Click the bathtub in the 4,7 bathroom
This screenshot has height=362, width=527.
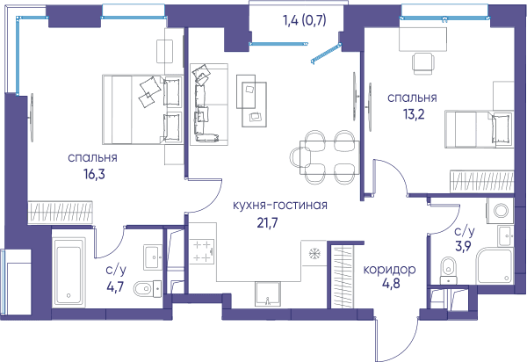click(x=69, y=271)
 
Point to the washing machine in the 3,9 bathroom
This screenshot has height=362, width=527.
click(x=500, y=211)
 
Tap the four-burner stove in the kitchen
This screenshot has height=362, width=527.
click(x=202, y=251)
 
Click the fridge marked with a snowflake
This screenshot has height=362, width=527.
click(x=314, y=253)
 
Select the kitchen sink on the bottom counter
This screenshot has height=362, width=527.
click(x=268, y=294)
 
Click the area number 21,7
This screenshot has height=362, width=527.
click(x=268, y=222)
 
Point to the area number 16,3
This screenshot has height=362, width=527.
click(x=95, y=174)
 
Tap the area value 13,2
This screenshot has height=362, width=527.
click(x=414, y=114)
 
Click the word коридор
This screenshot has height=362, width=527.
click(x=389, y=270)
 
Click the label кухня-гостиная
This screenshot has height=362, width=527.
click(x=280, y=205)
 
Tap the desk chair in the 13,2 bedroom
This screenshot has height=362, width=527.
click(x=423, y=63)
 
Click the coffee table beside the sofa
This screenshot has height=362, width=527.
click(x=251, y=100)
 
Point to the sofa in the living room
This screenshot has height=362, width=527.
click(x=209, y=105)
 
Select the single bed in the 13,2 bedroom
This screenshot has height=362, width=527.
click(x=480, y=129)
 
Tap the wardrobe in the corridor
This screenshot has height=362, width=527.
click(x=343, y=277)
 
